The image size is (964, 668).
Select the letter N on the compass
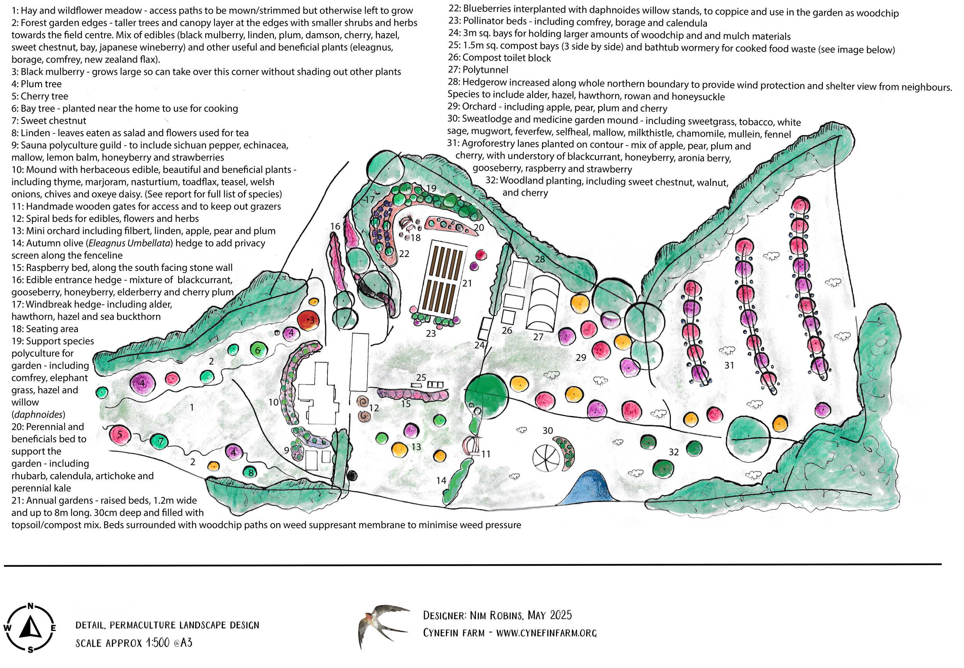[x=30, y=606]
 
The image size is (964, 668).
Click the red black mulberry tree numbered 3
[x=308, y=320]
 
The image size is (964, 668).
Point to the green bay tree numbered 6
[x=258, y=350]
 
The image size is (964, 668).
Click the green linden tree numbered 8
[x=250, y=472]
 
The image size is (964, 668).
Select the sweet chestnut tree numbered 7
[x=160, y=441]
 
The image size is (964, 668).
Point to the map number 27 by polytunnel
[x=538, y=337]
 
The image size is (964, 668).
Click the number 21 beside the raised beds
[x=467, y=283]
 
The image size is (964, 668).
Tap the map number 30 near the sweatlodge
[x=548, y=430]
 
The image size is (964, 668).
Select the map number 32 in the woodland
[x=674, y=452]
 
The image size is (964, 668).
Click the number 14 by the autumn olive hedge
[x=441, y=480]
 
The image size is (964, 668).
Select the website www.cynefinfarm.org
[x=546, y=633]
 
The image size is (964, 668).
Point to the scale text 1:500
[x=158, y=643]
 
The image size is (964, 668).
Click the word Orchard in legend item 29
[x=479, y=107]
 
